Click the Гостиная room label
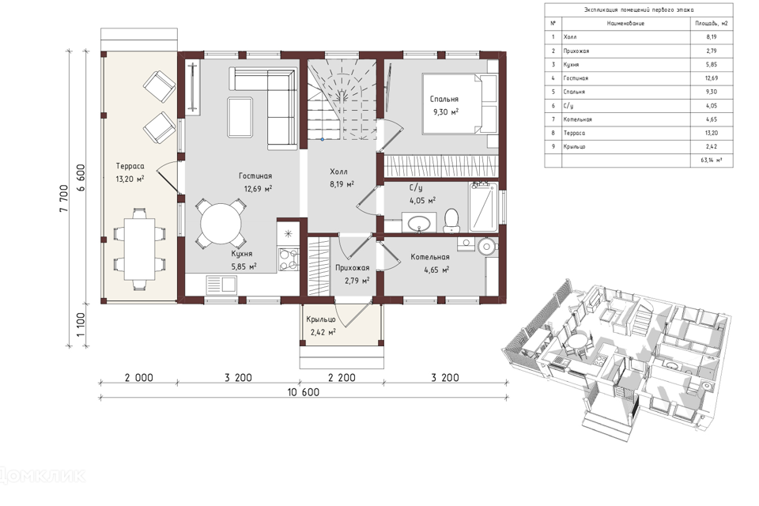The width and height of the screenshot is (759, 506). pos(255,176)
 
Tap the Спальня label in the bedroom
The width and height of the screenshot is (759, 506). pos(444,99)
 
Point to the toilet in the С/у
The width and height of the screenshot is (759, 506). pos(452,220)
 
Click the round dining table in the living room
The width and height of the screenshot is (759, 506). pos(221,225)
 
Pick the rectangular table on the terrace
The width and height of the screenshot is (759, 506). pos(139,249)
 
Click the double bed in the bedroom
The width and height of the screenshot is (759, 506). pos(460,104)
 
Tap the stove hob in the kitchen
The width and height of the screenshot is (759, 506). pos(289,259)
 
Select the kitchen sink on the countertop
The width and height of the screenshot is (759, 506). pos(221,285)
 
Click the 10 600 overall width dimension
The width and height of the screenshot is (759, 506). pos(304,391)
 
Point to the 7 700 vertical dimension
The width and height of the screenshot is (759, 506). pos(64,198)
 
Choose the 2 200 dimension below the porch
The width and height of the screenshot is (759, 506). pos(342,377)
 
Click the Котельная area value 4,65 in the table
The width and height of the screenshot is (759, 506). pos(711,119)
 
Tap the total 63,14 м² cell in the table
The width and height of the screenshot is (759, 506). pos(711,160)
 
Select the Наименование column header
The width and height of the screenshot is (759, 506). pos(625,23)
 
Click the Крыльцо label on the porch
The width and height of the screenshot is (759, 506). pos(321,319)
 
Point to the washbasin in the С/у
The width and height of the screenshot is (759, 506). pos(419,223)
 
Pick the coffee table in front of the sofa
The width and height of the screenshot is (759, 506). pos(240,117)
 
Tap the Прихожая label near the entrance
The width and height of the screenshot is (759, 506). pos(353,268)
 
